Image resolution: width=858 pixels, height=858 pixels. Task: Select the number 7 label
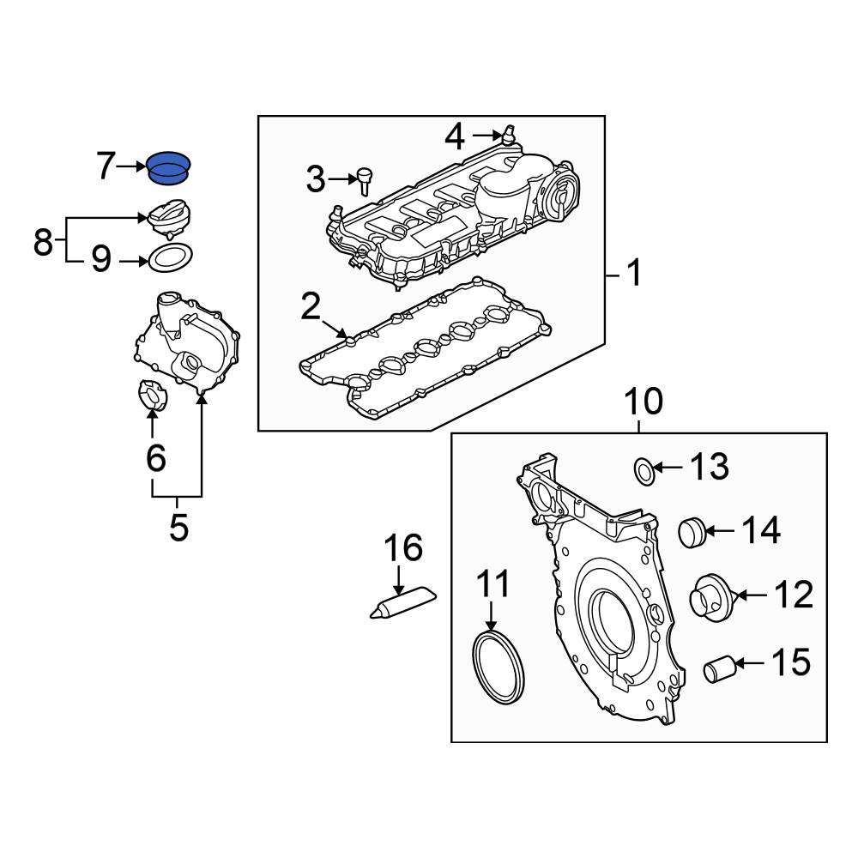pos(105,166)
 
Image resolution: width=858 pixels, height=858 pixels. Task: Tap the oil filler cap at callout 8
pos(169,217)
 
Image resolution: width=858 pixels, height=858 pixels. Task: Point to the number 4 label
pos(456,136)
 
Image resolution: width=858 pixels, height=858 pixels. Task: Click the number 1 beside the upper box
pos(633,275)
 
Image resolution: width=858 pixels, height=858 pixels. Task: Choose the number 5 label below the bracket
pos(178,526)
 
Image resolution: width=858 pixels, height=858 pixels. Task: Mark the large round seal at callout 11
pos(497,665)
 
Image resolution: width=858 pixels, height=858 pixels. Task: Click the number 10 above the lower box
pos(643,402)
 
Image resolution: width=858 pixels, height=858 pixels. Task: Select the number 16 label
pos(403,547)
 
